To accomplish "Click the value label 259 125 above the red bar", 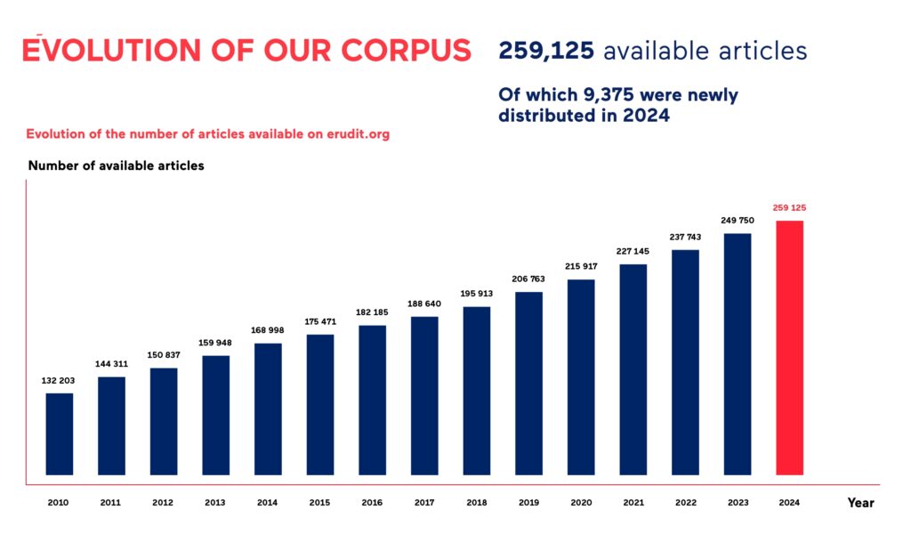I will tap(789, 207).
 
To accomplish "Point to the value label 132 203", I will tap(59, 380).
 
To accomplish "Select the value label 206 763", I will tap(528, 279).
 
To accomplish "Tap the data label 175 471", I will tap(319, 321).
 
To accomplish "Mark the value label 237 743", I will tap(685, 237).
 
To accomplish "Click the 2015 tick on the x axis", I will tap(319, 503).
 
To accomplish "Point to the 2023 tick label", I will tap(737, 503).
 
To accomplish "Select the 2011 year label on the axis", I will tap(110, 503).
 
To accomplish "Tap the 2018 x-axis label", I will tap(476, 503).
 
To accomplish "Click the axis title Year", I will tap(860, 503).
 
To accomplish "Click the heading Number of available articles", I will tap(116, 166).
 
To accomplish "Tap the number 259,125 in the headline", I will tap(545, 51).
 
